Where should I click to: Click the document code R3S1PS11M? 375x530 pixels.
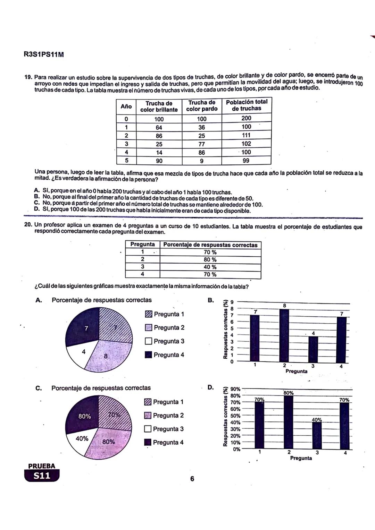pos(44,54)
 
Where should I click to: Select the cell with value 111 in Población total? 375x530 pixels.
pos(246,135)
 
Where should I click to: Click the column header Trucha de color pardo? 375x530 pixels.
pos(202,106)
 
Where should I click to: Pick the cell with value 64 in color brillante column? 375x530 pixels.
pos(159,128)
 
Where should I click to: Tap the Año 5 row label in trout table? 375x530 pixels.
pos(126,161)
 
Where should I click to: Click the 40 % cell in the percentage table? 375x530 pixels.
pos(210,267)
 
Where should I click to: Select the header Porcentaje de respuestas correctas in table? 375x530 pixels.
pos(210,245)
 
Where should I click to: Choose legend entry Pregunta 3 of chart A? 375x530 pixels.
pos(165,341)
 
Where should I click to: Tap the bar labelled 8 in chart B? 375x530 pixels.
pos(284,335)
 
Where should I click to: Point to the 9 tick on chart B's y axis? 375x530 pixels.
pos(232,302)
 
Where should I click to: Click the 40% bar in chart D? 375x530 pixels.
pos(317,435)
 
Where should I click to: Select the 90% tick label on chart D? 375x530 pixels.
pos(235,389)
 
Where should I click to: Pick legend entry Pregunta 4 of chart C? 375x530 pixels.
pos(164,443)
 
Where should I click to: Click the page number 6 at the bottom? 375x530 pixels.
pos(192,479)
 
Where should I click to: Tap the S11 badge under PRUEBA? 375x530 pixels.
pos(42,476)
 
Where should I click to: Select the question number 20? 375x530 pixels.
pos(28,225)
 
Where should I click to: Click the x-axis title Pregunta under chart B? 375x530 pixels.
pos(296,371)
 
